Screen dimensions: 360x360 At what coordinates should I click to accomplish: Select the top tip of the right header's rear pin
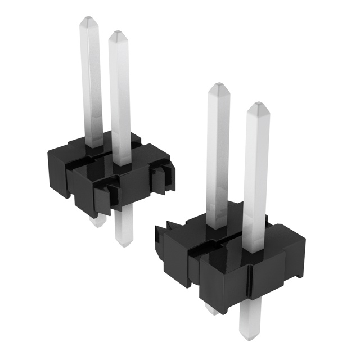point(218,88)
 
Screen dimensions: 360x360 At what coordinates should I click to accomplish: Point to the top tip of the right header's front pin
point(256,107)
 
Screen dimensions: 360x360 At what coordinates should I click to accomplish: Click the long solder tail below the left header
point(122,228)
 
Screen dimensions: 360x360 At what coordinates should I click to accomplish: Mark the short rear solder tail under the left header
point(97,220)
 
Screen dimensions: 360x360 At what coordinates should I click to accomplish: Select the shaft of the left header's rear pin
point(93,84)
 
